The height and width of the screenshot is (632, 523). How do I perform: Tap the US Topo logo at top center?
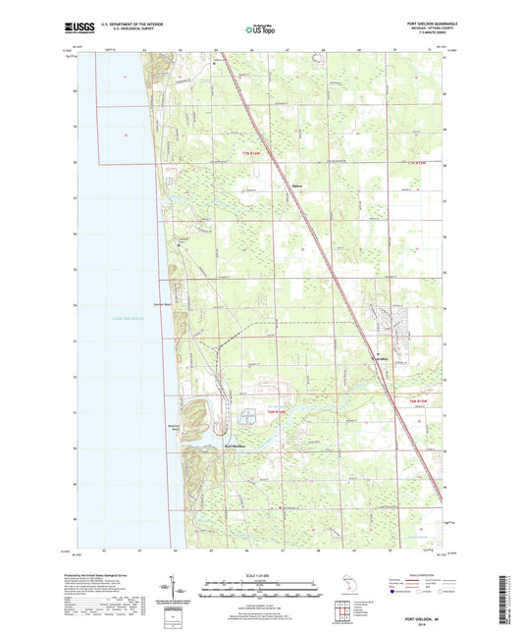coord(260,30)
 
